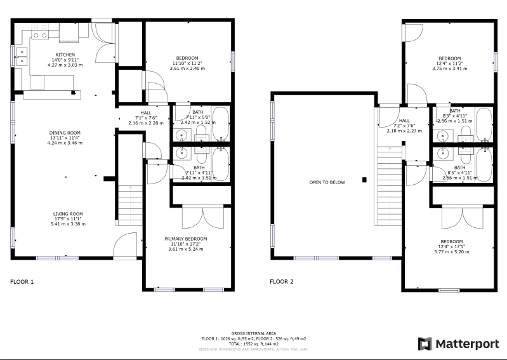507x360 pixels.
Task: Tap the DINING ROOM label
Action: point(65,133)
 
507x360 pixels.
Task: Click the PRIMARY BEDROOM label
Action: point(188,239)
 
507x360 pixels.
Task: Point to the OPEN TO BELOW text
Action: point(327,182)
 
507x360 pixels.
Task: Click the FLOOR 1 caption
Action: point(22,281)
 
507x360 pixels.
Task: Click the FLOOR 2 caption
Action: point(282,281)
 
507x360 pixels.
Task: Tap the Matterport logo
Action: point(458,343)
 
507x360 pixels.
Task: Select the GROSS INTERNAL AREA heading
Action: point(253,333)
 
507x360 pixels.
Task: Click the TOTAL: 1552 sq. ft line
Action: point(253,343)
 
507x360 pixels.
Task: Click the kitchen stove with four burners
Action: point(40,35)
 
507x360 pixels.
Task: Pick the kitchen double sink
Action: point(22,58)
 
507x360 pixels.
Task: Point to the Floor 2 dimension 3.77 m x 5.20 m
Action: point(451,252)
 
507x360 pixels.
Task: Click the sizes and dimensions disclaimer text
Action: point(253,349)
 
